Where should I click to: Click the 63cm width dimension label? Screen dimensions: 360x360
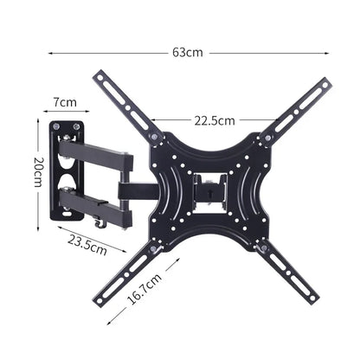[187, 52]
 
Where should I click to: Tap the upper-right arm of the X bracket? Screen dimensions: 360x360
[299, 109]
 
